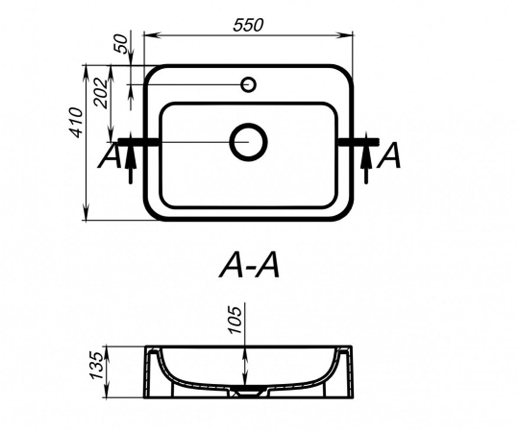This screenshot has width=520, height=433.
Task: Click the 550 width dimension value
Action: [x=248, y=25]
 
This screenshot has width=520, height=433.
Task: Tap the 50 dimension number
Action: [x=121, y=44]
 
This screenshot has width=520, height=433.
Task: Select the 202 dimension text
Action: [x=101, y=94]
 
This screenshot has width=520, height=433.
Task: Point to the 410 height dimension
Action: [x=76, y=123]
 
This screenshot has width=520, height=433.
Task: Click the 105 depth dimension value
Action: [x=235, y=320]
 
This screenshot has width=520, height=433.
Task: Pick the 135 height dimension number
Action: [x=97, y=365]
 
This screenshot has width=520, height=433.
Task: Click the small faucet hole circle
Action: [x=248, y=84]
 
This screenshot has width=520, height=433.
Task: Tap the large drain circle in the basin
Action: [x=249, y=142]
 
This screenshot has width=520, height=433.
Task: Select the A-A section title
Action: [x=249, y=265]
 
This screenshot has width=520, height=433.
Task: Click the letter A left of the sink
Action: [x=110, y=155]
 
